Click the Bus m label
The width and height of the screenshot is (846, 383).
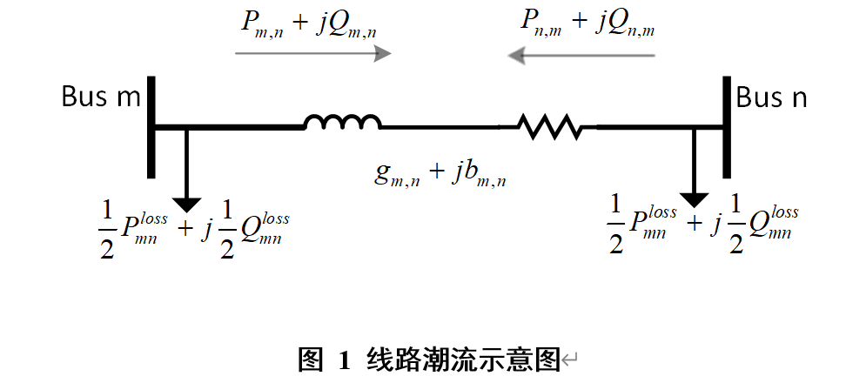click(x=100, y=97)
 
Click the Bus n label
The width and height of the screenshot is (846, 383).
click(x=771, y=97)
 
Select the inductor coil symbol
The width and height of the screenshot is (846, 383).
click(x=342, y=123)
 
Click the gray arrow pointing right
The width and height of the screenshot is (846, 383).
click(x=313, y=54)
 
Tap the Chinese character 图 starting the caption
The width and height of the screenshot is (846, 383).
click(x=311, y=358)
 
